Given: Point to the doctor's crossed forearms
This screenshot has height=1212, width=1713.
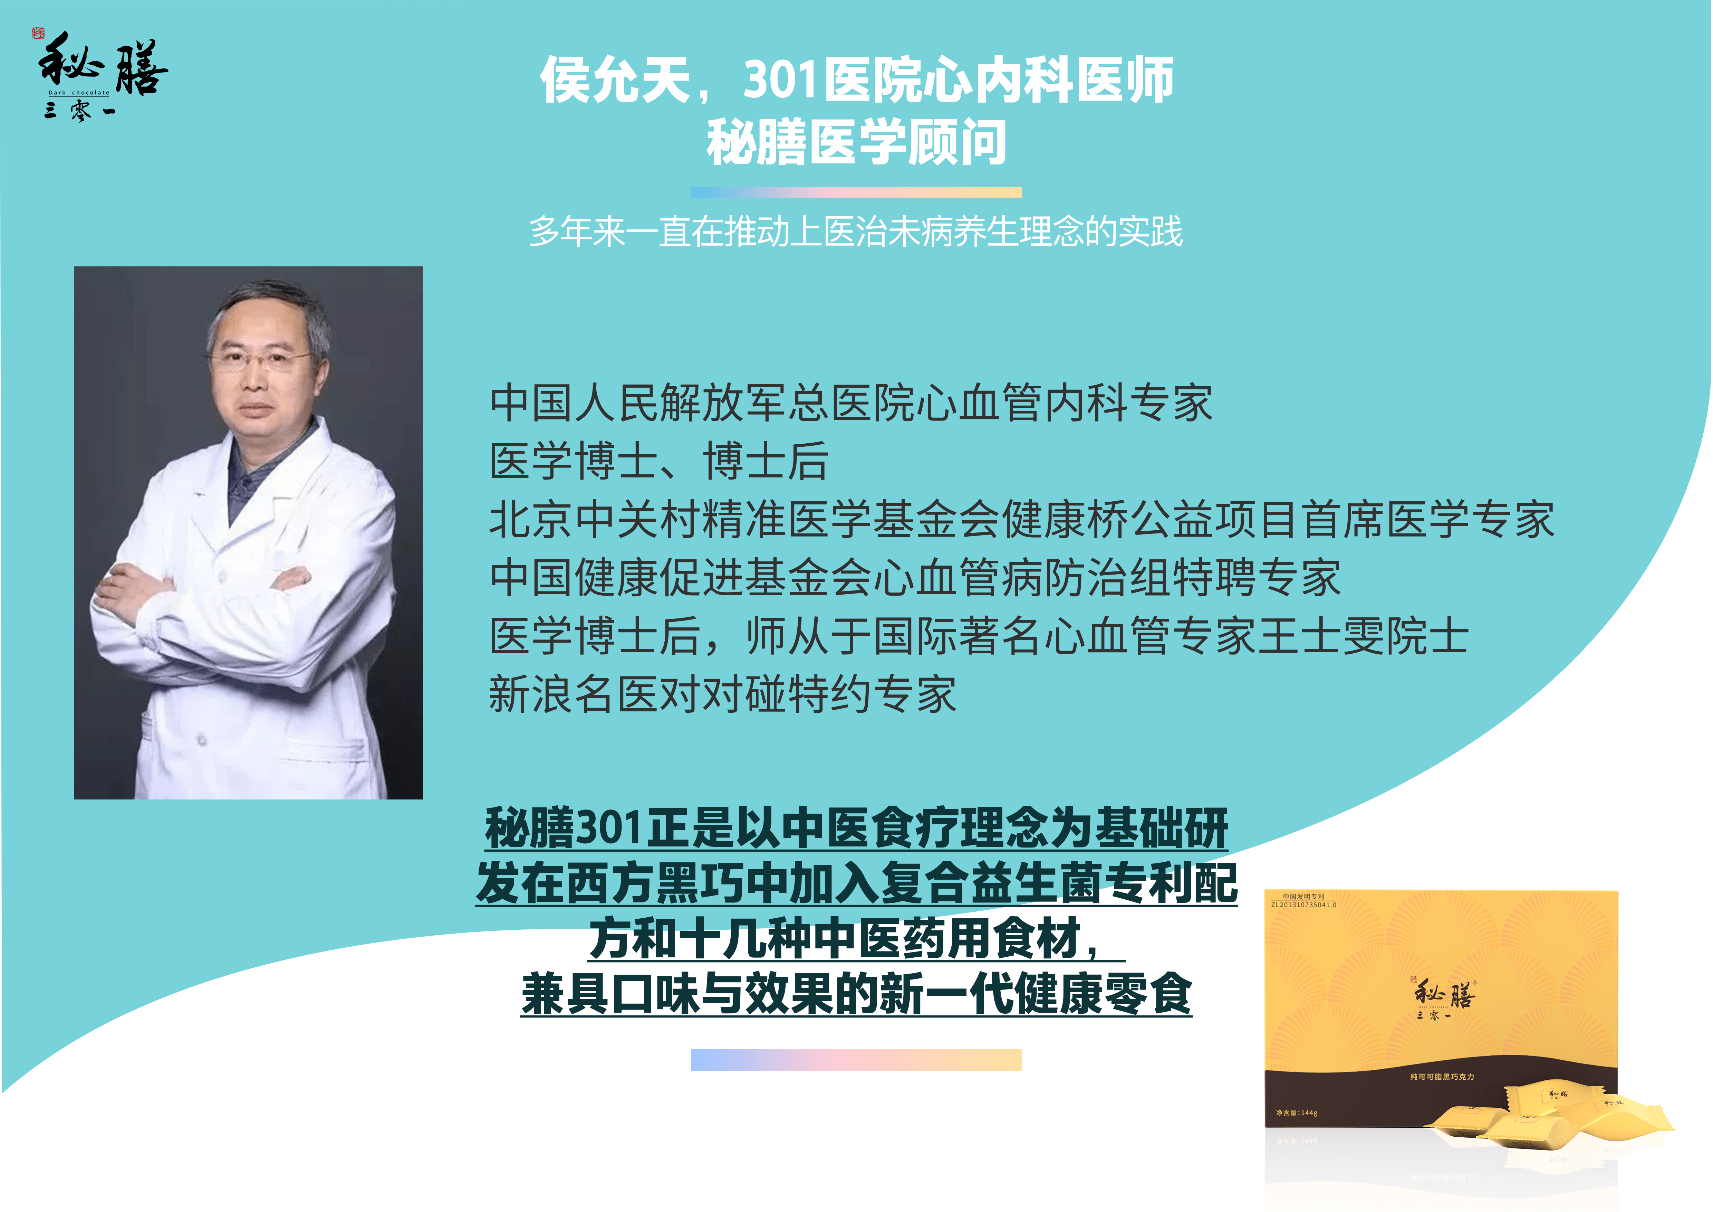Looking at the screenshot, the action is click(x=201, y=589).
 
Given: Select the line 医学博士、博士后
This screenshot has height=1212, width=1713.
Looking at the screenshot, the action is click(x=659, y=461).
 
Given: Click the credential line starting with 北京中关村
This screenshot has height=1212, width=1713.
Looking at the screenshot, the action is click(x=1022, y=519).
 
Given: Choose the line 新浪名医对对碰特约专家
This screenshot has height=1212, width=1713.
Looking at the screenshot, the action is click(x=722, y=694).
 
